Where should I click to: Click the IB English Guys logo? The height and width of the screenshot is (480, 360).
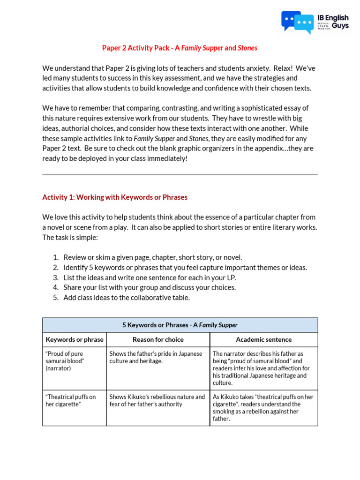315,22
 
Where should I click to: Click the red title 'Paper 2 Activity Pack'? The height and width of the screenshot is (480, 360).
138,48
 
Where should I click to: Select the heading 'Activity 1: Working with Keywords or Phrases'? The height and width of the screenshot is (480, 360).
115,197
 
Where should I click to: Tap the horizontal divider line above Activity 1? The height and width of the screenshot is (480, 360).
180,174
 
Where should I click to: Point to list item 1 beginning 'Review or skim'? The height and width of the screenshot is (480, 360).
153,257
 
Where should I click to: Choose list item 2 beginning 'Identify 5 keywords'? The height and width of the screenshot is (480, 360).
185,268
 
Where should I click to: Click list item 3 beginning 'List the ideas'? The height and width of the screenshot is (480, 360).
150,277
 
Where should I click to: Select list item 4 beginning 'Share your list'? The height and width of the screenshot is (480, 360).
150,287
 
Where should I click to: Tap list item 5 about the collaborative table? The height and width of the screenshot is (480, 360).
127,298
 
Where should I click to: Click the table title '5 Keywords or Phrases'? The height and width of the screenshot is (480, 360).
180,325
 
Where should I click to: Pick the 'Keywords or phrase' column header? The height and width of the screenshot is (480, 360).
75,339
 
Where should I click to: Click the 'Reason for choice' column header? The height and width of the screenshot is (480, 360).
158,339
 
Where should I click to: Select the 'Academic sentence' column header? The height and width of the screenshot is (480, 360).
263,339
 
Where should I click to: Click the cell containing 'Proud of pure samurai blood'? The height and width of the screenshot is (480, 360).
75,361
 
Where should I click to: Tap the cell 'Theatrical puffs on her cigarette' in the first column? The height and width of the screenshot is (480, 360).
75,400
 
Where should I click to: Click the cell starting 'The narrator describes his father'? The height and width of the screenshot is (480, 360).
263,368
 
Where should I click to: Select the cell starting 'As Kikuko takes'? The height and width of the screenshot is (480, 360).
263,407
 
